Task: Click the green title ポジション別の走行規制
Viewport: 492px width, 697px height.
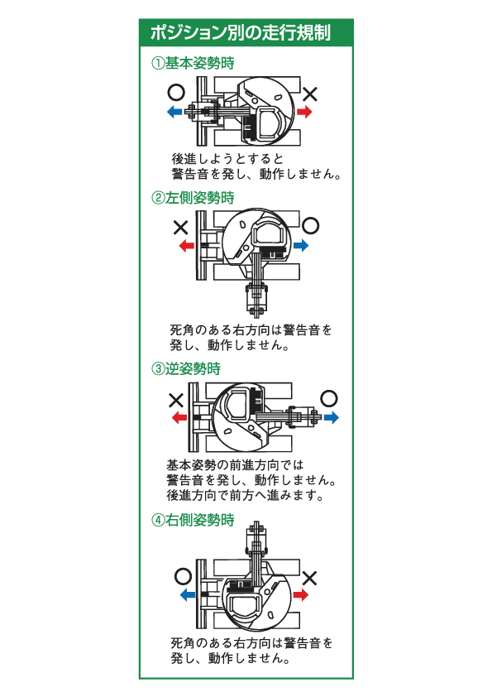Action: (241, 33)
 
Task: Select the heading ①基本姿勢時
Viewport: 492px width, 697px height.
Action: (193, 63)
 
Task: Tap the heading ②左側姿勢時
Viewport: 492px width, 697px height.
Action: (193, 198)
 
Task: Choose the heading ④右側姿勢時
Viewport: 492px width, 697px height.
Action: (193, 520)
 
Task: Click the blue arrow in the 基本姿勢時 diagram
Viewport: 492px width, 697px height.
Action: (174, 112)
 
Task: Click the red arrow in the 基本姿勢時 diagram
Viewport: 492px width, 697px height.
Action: (304, 111)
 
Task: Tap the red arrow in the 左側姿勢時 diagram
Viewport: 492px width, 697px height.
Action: (187, 245)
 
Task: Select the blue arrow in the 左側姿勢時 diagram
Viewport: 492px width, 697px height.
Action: (301, 244)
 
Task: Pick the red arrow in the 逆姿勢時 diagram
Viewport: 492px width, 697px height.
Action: (179, 417)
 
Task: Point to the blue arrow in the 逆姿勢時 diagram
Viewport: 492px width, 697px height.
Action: (331, 417)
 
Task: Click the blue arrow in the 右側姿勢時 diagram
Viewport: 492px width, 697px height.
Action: (188, 594)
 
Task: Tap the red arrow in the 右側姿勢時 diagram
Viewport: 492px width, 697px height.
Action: (301, 594)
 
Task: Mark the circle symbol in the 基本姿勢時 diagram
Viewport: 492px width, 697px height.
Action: (176, 93)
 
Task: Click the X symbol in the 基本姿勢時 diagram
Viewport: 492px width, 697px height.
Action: (310, 94)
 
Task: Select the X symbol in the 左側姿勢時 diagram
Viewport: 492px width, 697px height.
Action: (181, 228)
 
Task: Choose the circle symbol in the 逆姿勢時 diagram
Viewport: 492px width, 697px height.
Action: (329, 399)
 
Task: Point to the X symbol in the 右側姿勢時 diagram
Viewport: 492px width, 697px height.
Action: (309, 578)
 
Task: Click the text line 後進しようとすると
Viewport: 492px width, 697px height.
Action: (227, 159)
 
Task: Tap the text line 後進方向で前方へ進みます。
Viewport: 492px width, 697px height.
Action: (245, 495)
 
